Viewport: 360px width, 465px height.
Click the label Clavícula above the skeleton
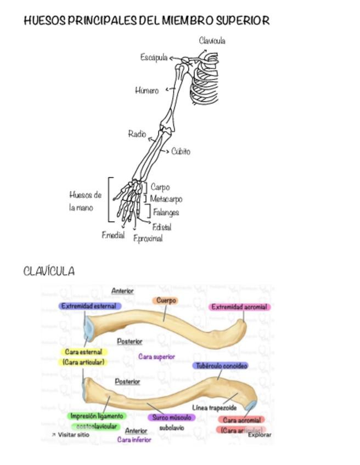pos(212,41)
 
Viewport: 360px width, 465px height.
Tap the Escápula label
pos(154,57)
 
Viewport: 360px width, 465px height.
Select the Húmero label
pos(147,90)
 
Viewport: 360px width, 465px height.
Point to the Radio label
pos(137,134)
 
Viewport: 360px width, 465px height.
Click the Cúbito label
pos(181,151)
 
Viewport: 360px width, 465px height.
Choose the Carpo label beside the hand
pos(160,187)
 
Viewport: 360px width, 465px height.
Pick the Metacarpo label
pos(166,199)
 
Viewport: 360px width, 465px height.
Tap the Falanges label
pos(166,212)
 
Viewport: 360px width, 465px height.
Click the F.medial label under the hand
pos(113,235)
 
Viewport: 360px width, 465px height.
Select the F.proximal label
pos(148,238)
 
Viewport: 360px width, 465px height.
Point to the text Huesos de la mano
pos(85,201)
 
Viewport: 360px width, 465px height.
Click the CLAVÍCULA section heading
pos(49,271)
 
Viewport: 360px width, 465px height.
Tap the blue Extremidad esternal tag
pos(89,306)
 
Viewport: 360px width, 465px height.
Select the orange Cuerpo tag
pos(166,300)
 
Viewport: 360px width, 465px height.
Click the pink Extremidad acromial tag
pos(239,307)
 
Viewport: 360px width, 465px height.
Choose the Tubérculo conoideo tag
pos(221,366)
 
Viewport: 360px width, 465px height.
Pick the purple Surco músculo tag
pos(171,417)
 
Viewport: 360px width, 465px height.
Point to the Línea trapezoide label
pos(215,408)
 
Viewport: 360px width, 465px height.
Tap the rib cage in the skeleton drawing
pos(205,88)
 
